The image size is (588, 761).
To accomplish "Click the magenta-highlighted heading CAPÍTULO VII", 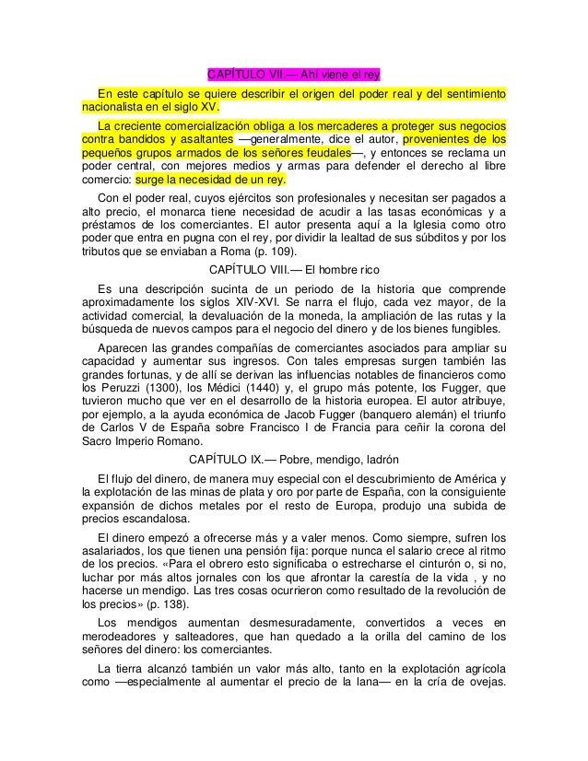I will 293,75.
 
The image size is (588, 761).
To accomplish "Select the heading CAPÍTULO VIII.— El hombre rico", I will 293,268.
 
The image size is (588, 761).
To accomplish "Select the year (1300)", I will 176,387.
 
